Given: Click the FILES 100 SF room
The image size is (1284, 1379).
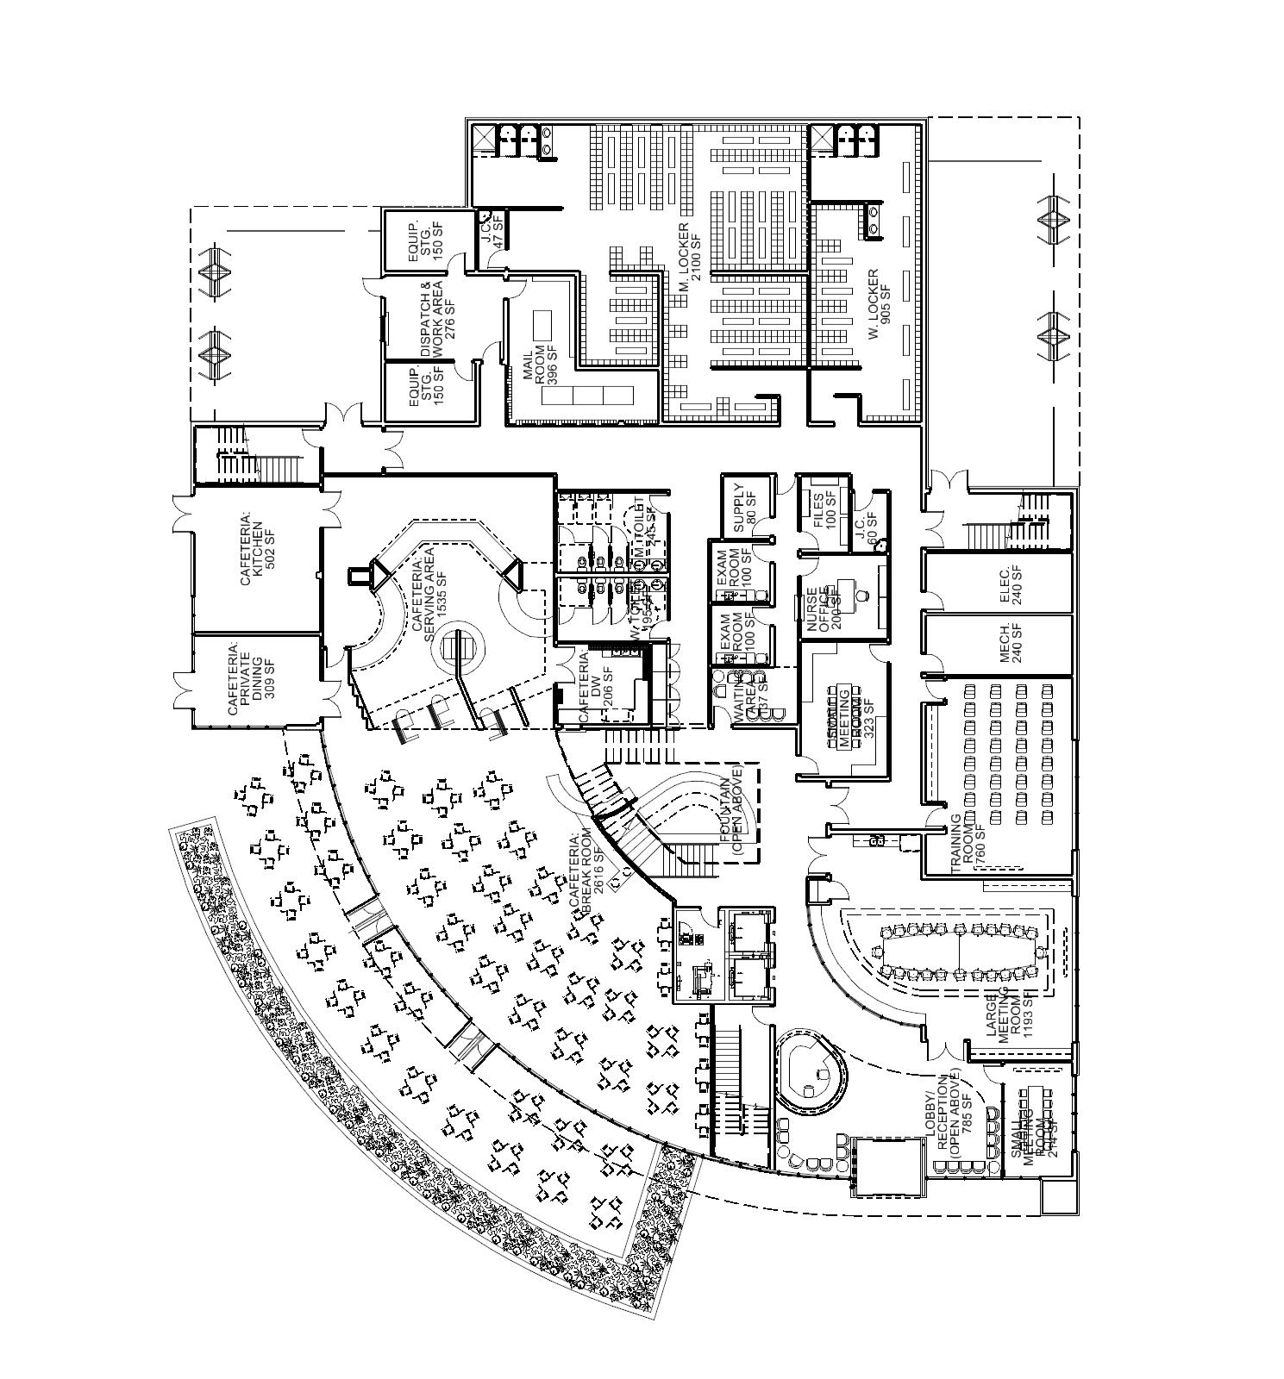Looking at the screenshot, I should [x=824, y=509].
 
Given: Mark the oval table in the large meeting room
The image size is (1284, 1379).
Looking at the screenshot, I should [x=960, y=952].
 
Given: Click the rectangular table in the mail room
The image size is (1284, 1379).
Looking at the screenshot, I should [x=543, y=324].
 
